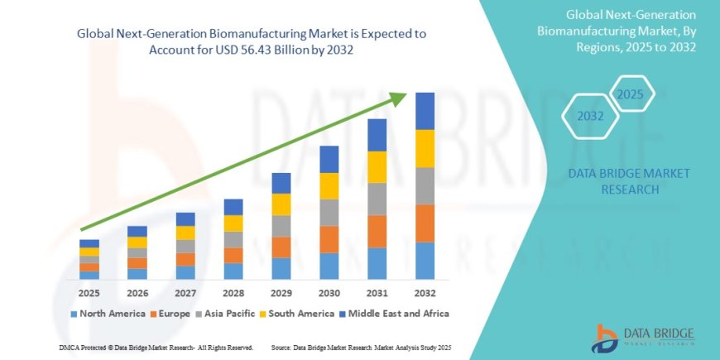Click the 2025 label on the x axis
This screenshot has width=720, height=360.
(89, 293)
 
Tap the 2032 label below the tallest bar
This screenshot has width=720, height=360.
(425, 293)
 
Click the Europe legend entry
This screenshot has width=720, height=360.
(174, 314)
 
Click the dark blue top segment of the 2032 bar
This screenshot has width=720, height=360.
(425, 111)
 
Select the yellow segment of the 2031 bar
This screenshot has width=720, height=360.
(377, 167)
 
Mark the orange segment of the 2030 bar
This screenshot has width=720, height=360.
(329, 239)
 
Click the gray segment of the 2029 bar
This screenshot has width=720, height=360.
(281, 226)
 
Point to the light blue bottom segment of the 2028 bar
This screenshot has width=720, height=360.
(234, 271)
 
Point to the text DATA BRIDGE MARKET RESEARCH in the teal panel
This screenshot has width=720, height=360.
(629, 180)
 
